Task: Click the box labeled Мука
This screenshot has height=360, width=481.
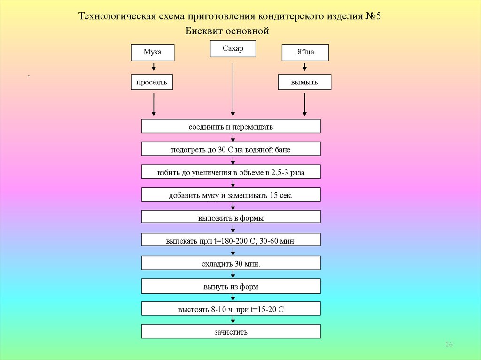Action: coord(152,53)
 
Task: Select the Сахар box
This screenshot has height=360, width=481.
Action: coord(233,49)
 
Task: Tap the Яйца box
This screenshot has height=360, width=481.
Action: coord(305,53)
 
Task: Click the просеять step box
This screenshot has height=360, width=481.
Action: coord(152,82)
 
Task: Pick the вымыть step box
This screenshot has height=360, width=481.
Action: coord(304,82)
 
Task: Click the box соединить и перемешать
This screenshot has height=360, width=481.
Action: coord(231,126)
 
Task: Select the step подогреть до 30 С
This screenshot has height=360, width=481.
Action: coord(231,149)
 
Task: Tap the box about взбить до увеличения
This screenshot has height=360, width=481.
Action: coord(231,172)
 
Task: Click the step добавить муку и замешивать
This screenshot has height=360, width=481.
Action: coord(231,195)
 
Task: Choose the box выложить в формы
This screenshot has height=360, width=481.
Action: coord(231,217)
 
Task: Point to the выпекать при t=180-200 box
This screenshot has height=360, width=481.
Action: coord(231,240)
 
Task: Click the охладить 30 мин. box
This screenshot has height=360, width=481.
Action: coord(231,263)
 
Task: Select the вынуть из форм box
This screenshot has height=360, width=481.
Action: coord(231,286)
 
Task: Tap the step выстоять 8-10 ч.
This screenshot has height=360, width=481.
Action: coord(231,309)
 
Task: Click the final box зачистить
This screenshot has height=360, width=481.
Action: coord(231,331)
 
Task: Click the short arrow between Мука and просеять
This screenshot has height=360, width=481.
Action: coord(153,68)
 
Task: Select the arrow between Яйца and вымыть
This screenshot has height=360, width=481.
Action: coord(305,68)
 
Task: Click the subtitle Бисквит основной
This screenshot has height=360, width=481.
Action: coord(227,31)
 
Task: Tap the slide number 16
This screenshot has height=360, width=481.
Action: coord(448,345)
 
